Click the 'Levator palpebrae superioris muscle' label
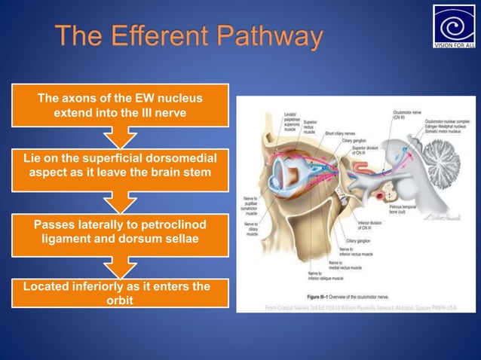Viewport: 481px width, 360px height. coord(292,123)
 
